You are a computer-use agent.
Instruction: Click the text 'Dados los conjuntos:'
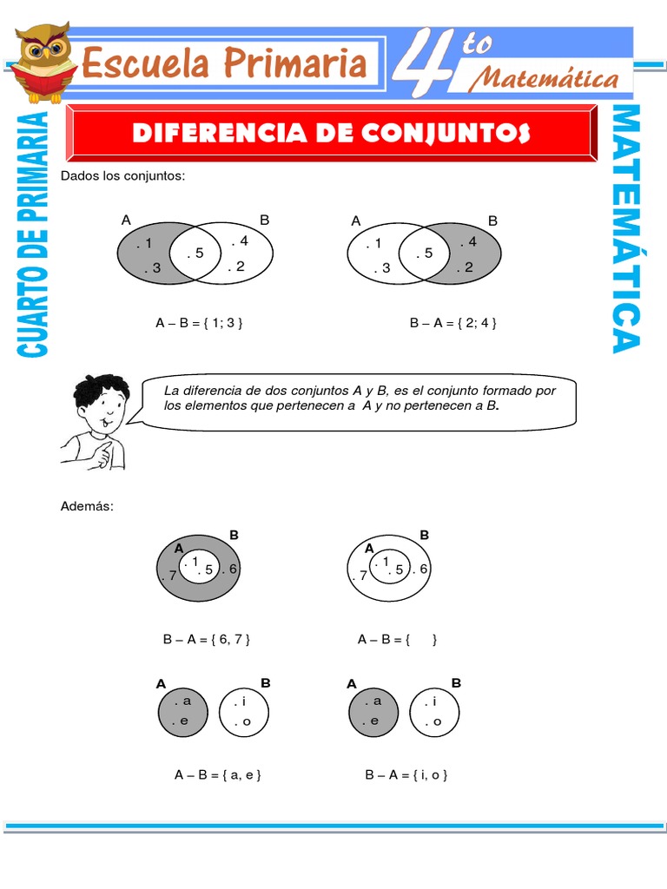pyautogui.click(x=123, y=176)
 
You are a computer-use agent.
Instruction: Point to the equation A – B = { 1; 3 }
pyautogui.click(x=199, y=323)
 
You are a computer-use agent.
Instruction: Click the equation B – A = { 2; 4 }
pyautogui.click(x=452, y=323)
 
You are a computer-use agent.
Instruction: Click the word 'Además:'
pyautogui.click(x=87, y=506)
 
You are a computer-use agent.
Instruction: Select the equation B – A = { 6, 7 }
pyautogui.click(x=207, y=640)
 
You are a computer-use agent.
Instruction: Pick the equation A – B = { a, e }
pyautogui.click(x=217, y=775)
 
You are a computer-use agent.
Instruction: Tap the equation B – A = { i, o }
pyautogui.click(x=406, y=775)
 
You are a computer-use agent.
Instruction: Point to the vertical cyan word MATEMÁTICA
pyautogui.click(x=627, y=229)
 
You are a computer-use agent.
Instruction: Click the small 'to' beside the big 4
pyautogui.click(x=477, y=44)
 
